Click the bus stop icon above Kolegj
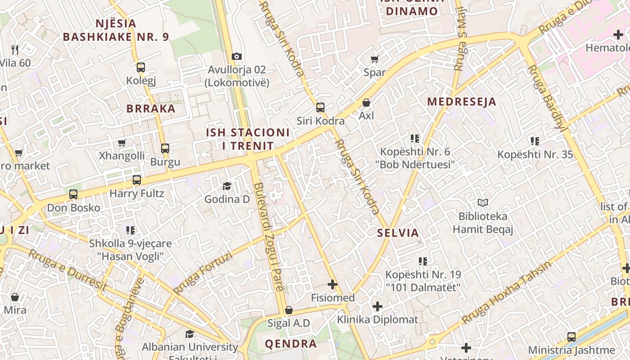[141, 67]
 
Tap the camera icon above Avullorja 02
[237, 56]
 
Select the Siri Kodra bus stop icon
[320, 108]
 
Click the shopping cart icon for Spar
[374, 59]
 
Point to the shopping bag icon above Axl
[366, 103]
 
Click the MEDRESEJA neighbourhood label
[461, 102]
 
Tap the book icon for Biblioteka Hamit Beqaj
[483, 203]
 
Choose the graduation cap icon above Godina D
[227, 186]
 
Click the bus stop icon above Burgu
[165, 148]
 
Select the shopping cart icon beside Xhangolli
[121, 143]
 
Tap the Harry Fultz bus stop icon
[137, 180]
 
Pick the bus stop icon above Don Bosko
[73, 194]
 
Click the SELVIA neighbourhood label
[398, 233]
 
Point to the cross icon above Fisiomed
[333, 284]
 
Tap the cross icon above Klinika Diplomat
[378, 307]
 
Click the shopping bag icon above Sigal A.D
[289, 310]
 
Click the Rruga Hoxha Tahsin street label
[506, 292]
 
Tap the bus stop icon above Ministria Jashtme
[571, 337]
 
